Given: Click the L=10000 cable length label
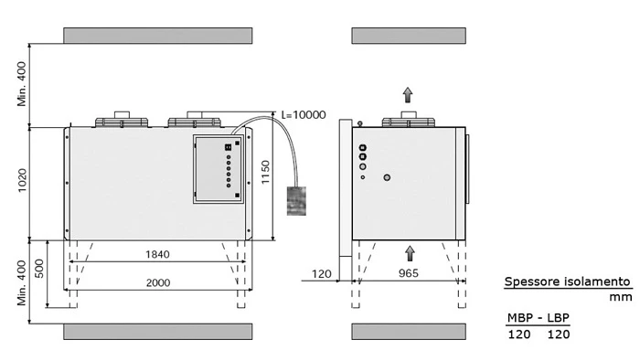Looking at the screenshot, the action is coord(304,114).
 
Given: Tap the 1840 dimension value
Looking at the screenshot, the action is coord(157,255).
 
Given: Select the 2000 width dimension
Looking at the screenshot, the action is coord(158,282).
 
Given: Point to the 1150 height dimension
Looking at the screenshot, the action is coord(266,172).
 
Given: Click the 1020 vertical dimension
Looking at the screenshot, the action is coord(22,180).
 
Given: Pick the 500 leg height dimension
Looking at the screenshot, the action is coord(39,269).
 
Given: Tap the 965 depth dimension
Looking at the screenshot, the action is coord(408,273).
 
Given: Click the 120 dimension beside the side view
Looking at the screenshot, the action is coord(322,273).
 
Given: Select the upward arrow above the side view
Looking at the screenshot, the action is coord(408,95).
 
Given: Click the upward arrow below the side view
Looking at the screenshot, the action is coord(410,253).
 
